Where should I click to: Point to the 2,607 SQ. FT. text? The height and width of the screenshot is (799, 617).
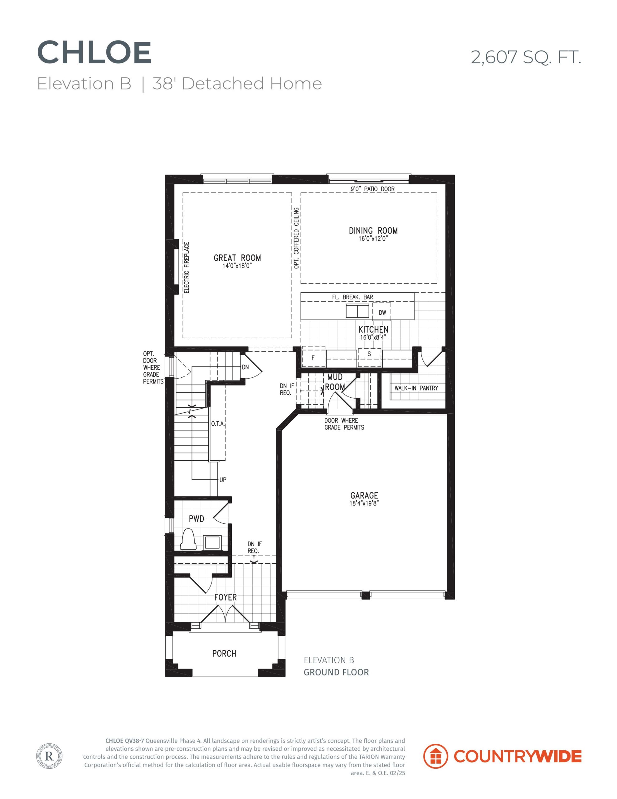526,57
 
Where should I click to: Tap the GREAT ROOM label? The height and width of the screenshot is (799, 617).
237,258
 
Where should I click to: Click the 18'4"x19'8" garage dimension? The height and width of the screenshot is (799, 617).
364,503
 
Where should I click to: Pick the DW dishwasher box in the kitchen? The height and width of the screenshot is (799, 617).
382,312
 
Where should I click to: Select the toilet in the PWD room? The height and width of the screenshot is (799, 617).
189,539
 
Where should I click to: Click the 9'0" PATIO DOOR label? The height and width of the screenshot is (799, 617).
373,189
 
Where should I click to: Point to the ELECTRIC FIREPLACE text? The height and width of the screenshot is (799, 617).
187,267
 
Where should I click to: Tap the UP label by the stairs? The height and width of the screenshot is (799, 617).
223,480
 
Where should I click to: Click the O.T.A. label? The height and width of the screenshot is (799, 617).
218,424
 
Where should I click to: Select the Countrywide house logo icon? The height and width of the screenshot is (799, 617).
435,756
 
